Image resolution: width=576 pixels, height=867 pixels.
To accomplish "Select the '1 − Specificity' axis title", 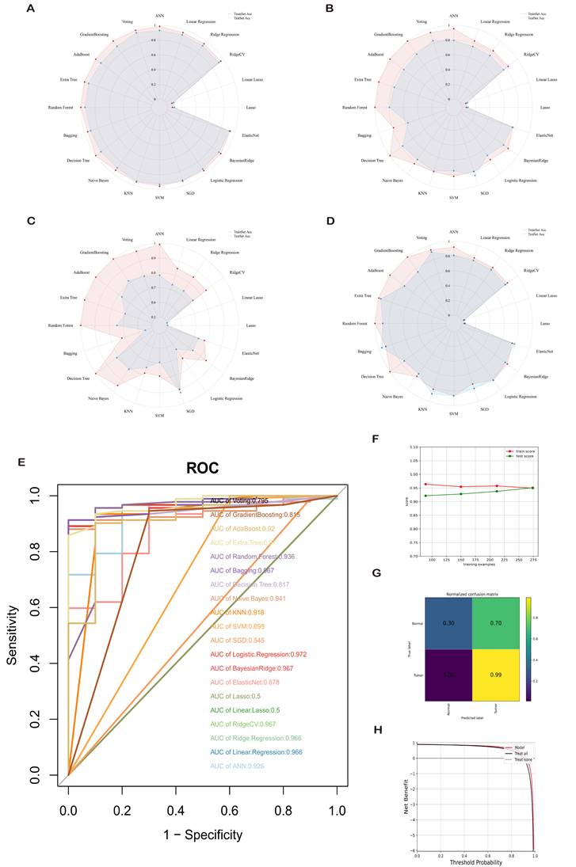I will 201,834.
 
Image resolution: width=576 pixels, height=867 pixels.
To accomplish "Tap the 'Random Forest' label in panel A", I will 67,107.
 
